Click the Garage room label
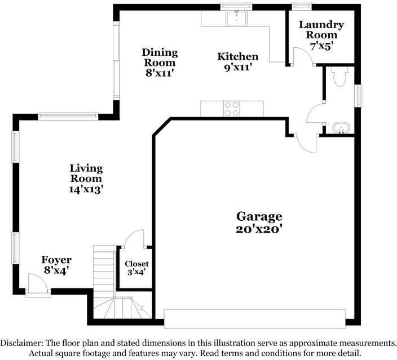(259, 216)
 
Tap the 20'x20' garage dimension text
(259, 229)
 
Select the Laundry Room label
(321, 29)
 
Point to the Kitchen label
(238, 56)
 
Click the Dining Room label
(160, 57)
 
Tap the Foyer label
(56, 260)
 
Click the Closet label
(136, 264)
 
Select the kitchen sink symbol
(236, 19)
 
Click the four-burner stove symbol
(232, 108)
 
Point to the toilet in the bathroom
(340, 77)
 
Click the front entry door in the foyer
(38, 285)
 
